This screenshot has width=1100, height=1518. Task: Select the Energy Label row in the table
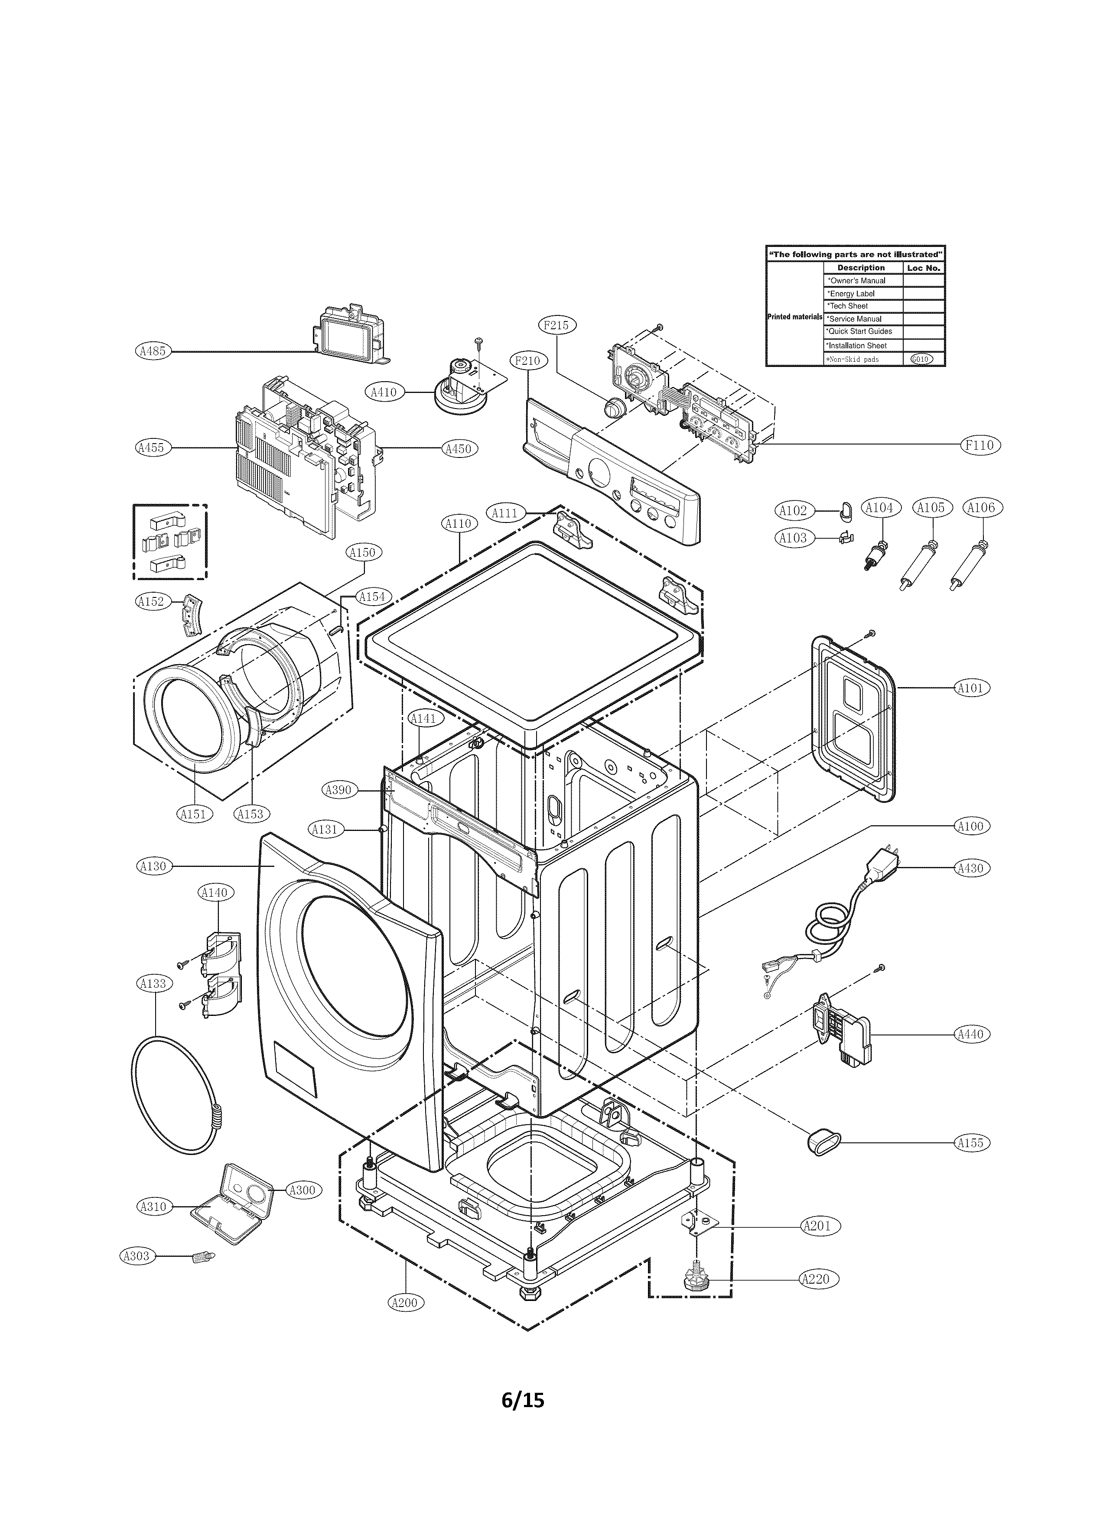862,293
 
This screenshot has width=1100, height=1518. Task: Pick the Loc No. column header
924,268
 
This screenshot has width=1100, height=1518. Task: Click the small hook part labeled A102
845,513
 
